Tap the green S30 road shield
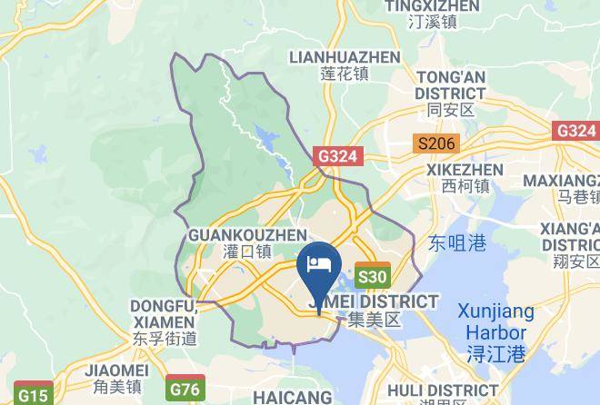373,277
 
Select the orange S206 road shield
435,143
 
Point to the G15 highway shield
34,395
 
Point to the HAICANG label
293,397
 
